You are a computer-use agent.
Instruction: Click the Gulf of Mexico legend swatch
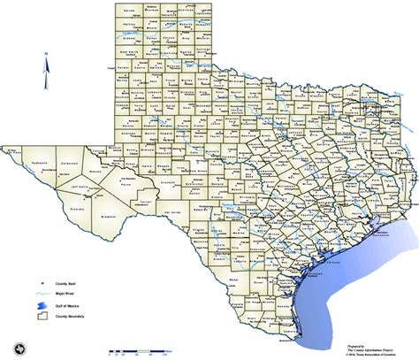click(x=41, y=303)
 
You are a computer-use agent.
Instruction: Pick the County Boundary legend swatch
click(x=41, y=317)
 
